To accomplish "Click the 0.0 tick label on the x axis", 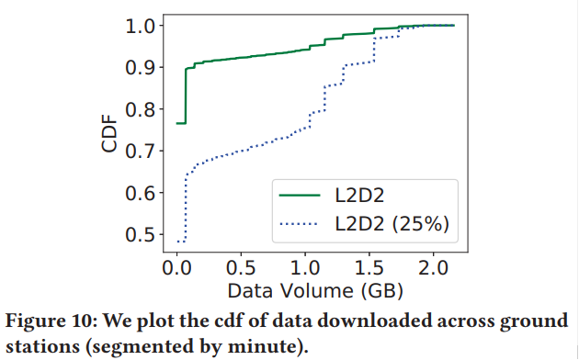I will (x=176, y=268).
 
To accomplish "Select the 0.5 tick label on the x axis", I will (x=241, y=268).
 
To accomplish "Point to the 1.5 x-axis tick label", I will (x=369, y=268).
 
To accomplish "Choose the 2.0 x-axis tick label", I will (x=433, y=268).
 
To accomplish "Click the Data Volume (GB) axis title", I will (x=307, y=291).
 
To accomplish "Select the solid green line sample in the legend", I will (x=299, y=196).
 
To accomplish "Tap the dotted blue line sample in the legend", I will (x=299, y=223).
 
